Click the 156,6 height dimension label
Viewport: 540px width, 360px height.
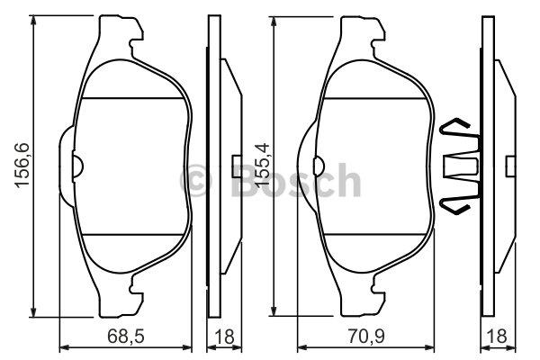22,165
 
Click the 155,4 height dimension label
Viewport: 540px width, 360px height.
262,165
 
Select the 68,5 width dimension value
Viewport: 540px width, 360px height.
126,337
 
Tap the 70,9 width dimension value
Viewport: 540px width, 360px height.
366,337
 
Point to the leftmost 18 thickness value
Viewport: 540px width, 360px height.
224,337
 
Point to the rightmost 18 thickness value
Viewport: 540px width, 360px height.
498,337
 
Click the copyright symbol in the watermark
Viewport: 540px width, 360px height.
195,180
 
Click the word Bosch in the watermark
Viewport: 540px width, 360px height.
296,180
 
